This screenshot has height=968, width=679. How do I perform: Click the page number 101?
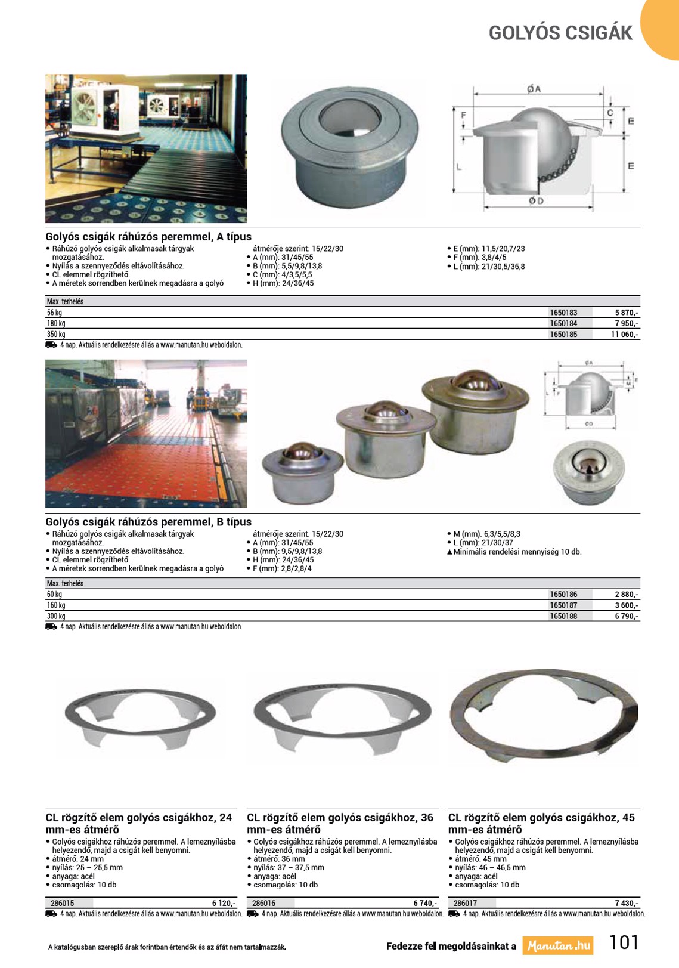click(624, 942)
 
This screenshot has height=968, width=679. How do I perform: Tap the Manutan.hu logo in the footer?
click(558, 945)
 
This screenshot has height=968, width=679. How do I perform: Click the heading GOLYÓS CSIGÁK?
click(560, 33)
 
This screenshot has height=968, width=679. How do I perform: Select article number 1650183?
click(563, 313)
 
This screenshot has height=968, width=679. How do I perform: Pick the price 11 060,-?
click(624, 335)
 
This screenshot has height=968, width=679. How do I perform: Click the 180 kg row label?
click(56, 324)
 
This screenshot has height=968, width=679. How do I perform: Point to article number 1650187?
click(563, 605)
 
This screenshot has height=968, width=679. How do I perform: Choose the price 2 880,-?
click(627, 595)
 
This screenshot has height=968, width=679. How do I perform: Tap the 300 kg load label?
click(56, 616)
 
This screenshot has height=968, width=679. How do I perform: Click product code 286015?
click(63, 904)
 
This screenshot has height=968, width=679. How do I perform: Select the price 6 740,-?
click(425, 904)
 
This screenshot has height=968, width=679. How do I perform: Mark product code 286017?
click(465, 904)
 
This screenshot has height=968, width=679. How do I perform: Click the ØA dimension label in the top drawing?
click(534, 89)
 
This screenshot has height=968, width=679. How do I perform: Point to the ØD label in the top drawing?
click(536, 201)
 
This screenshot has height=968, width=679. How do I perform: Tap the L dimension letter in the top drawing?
click(458, 166)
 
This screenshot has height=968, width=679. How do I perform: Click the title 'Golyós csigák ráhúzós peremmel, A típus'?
click(148, 237)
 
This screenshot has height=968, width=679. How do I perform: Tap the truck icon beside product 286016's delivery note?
click(253, 914)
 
